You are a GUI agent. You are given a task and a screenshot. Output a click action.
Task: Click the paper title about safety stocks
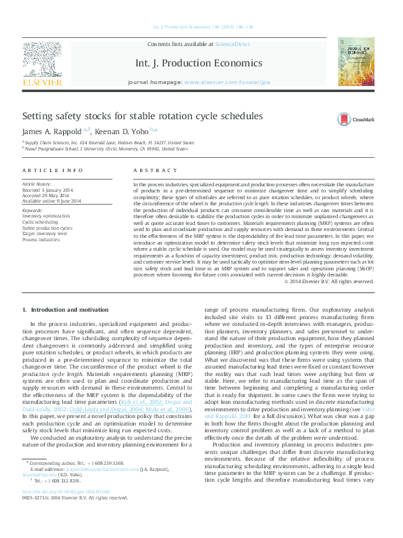pyautogui.click(x=142, y=117)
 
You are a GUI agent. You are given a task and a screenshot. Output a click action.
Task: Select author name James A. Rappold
pyautogui.click(x=53, y=131)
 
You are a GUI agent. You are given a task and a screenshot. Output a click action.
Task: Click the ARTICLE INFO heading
pyautogui.click(x=53, y=170)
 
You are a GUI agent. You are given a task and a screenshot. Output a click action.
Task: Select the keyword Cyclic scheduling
pyautogui.click(x=40, y=222)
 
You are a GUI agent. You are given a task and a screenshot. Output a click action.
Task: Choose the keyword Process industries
pyautogui.click(x=41, y=239)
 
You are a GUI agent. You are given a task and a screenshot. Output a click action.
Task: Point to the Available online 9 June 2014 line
pyautogui.click(x=51, y=201)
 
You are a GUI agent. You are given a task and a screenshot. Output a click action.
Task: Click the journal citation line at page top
pyautogui.click(x=203, y=27)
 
